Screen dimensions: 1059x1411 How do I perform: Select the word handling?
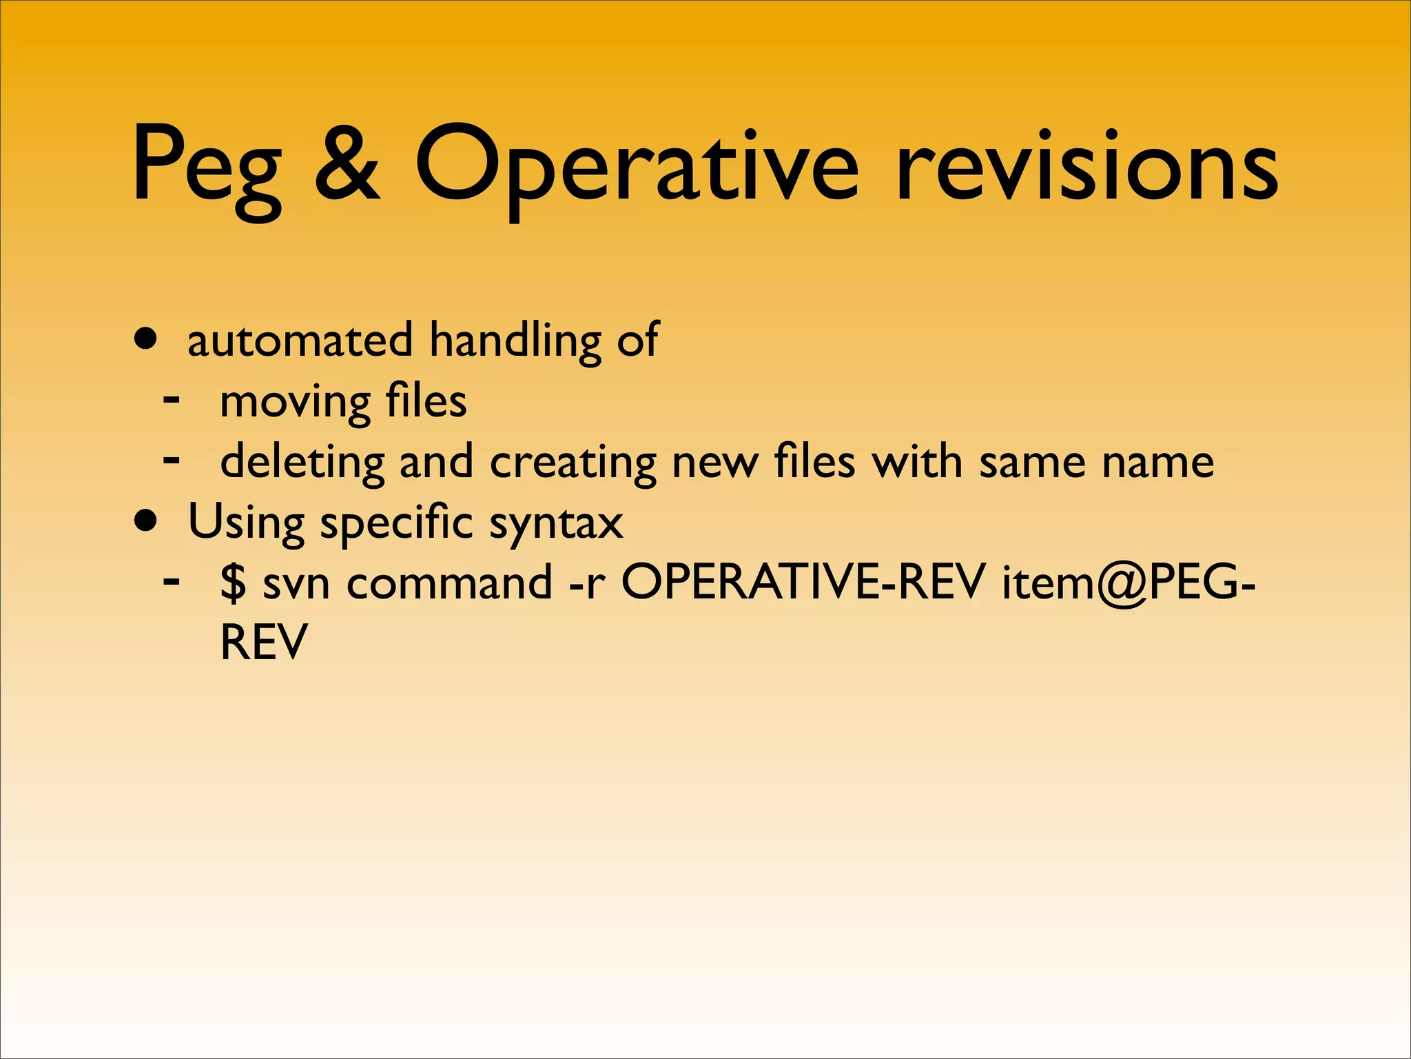[515, 341]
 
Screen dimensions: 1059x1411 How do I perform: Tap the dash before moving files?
[172, 399]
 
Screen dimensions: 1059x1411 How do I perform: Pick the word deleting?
[302, 462]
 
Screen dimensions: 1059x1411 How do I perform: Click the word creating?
[573, 462]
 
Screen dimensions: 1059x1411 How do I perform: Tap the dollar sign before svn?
[233, 583]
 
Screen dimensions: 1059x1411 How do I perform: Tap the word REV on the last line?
[263, 642]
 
